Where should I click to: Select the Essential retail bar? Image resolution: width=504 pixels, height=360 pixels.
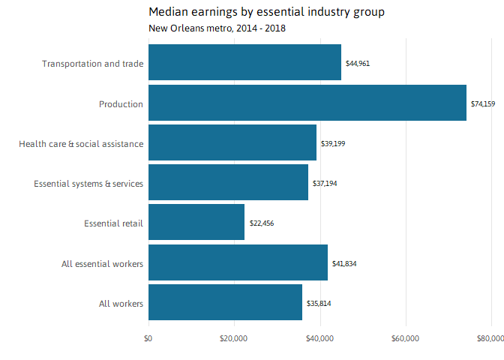click(196, 223)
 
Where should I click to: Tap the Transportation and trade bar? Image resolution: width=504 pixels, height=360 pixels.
click(244, 63)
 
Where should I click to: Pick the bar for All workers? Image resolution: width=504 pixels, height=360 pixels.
click(225, 303)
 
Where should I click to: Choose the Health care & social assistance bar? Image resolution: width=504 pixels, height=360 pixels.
click(232, 142)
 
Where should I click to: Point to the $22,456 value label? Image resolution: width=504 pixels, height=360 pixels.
click(262, 223)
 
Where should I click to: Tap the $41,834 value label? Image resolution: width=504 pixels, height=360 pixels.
click(344, 263)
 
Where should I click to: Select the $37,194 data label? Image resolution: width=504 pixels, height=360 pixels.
click(325, 183)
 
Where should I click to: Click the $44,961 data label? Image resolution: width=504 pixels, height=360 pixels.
click(357, 64)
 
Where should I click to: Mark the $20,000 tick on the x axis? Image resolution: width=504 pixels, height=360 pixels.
click(234, 338)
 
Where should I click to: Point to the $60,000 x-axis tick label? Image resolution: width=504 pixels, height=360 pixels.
click(406, 338)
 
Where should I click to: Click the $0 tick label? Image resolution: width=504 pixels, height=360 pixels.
click(148, 338)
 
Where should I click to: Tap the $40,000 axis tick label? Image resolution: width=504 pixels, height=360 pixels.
click(320, 338)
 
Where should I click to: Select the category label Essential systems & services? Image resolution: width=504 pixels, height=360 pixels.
click(88, 183)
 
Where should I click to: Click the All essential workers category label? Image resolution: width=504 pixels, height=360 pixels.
click(102, 263)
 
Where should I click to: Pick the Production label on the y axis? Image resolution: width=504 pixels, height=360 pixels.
click(121, 103)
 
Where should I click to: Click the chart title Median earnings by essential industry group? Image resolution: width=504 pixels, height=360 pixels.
click(266, 12)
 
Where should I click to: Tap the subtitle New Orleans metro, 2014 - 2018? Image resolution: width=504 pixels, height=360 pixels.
click(217, 28)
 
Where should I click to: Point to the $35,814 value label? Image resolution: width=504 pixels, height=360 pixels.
click(319, 304)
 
